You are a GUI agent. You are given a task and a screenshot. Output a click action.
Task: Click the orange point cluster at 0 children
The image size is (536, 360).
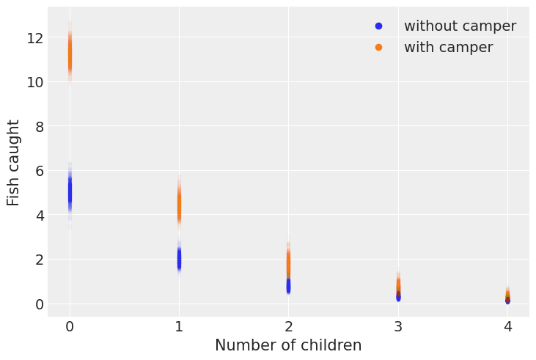[70, 54]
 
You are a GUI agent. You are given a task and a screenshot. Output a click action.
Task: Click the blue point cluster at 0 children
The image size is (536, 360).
[70, 192]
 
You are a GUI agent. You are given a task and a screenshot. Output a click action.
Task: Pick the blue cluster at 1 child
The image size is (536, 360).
[179, 259]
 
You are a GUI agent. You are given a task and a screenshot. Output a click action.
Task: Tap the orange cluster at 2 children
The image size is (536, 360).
[288, 262]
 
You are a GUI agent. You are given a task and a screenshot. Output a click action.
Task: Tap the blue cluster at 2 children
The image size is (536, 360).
[288, 284]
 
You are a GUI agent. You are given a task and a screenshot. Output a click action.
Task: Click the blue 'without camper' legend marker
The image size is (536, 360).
[378, 26]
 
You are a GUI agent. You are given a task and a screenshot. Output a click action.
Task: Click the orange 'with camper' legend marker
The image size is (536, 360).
[378, 48]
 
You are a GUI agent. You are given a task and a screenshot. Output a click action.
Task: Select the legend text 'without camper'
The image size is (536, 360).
[460, 26]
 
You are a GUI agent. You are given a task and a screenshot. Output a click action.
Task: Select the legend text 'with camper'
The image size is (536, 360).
[448, 48]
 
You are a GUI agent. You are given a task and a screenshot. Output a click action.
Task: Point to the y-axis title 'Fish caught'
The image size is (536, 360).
[14, 163]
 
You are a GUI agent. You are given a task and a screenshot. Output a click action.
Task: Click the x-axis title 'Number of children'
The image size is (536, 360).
[288, 345]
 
